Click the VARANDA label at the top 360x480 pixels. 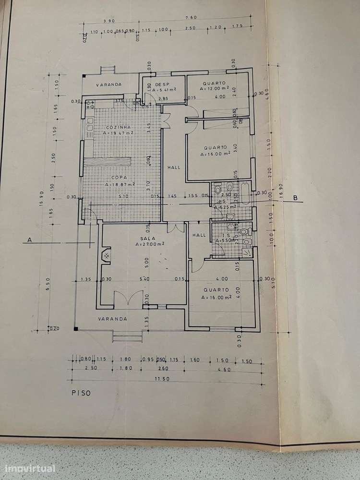tap(108, 84)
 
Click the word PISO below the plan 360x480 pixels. tap(80, 392)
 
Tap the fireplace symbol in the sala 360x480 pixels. tap(106, 255)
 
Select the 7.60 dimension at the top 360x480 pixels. tap(191, 18)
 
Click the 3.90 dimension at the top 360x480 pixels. tap(109, 21)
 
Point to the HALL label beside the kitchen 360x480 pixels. tap(173, 168)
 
